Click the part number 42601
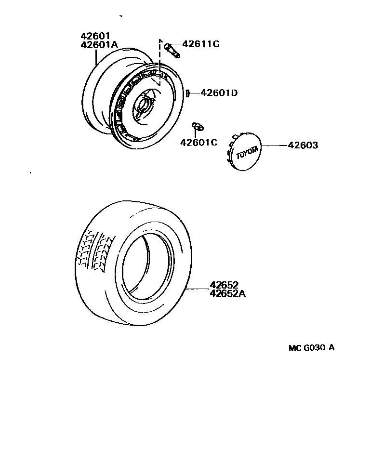(95, 36)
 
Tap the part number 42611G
(200, 44)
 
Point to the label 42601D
(219, 92)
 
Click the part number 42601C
(198, 142)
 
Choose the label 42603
(303, 145)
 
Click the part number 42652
(224, 285)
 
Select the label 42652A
(227, 293)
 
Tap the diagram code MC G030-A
(311, 347)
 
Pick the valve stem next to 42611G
(172, 50)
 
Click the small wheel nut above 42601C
(197, 127)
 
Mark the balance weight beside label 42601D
(188, 92)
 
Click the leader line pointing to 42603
(275, 145)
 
